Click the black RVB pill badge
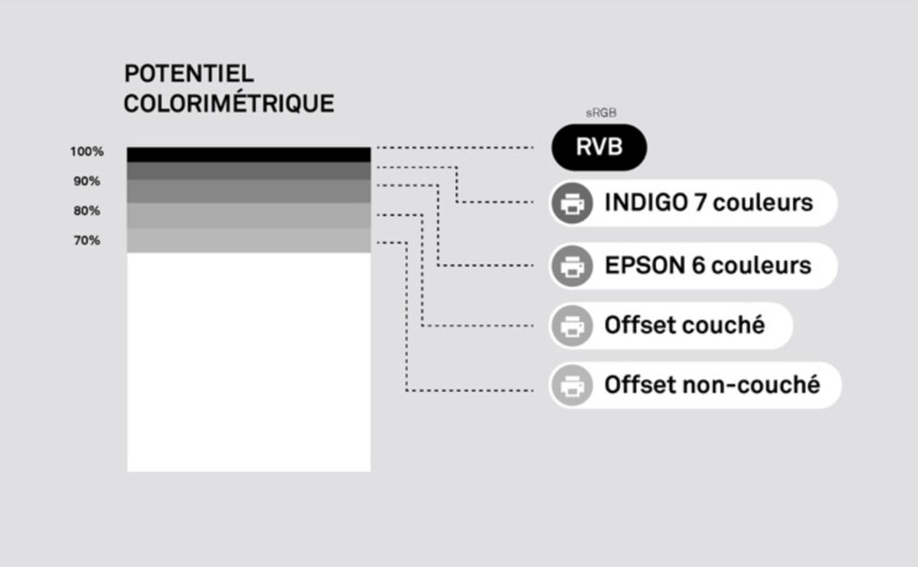pos(599,148)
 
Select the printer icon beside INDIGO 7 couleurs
pos(572,203)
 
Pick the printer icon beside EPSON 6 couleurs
pos(572,266)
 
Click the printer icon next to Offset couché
pos(572,326)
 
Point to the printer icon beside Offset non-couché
pos(572,386)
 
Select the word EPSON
pos(639,266)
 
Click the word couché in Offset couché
pos(723,326)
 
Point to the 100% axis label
pos(87,151)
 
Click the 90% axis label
pos(87,181)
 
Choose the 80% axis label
pos(87,211)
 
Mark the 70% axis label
pos(87,241)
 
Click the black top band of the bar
pos(248,154)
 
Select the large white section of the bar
pos(248,362)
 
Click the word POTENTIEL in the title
pos(189,73)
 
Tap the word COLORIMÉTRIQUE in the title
pos(229,103)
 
